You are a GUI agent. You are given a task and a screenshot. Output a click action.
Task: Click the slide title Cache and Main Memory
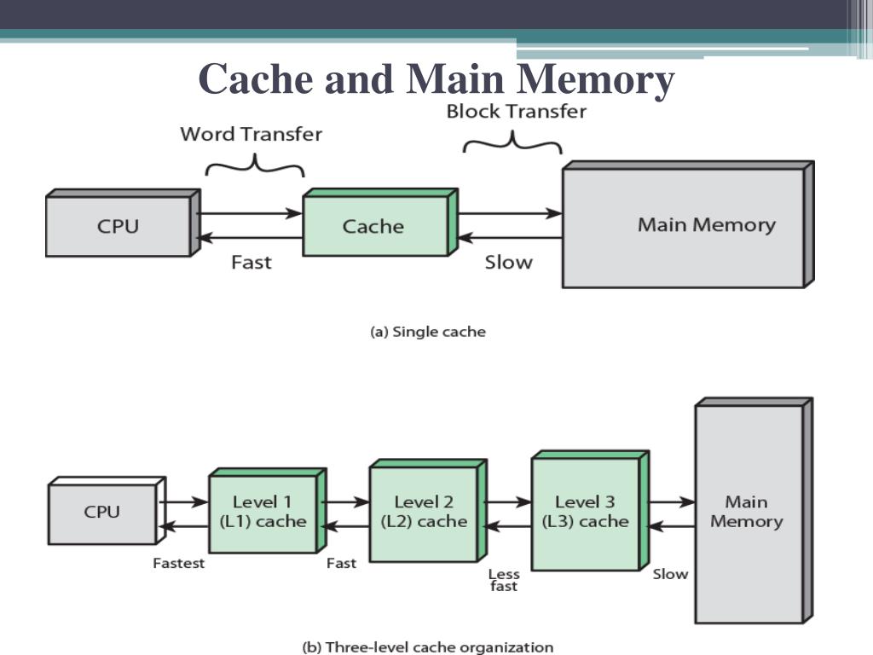point(436,80)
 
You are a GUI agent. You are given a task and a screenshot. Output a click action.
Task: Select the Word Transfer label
point(251,134)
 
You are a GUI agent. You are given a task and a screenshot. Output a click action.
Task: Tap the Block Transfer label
point(516,112)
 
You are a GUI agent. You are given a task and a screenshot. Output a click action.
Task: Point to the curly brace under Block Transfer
point(512,142)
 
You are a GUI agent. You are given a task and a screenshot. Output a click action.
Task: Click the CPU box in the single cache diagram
point(118,226)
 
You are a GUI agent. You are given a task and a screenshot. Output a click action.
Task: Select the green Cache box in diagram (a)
point(373,226)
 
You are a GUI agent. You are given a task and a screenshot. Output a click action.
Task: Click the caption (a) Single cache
point(427,332)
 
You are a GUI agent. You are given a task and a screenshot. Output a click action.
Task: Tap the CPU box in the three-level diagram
point(102,513)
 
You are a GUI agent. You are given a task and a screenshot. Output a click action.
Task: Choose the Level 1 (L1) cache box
point(263,512)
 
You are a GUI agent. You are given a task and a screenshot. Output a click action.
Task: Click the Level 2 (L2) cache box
point(423,512)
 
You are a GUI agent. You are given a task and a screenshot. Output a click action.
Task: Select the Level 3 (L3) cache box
point(585,512)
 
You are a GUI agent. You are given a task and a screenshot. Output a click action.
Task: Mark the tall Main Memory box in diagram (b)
point(747,512)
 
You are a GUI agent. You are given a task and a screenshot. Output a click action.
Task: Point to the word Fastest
point(178,564)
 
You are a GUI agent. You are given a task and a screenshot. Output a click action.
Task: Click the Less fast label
point(503,580)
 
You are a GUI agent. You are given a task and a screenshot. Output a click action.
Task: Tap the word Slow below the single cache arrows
point(508,262)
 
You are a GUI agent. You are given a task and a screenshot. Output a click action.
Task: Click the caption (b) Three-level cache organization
point(427,647)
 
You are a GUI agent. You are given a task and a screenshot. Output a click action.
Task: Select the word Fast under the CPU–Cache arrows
point(251,262)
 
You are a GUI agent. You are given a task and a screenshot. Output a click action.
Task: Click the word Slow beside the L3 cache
point(670,574)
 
